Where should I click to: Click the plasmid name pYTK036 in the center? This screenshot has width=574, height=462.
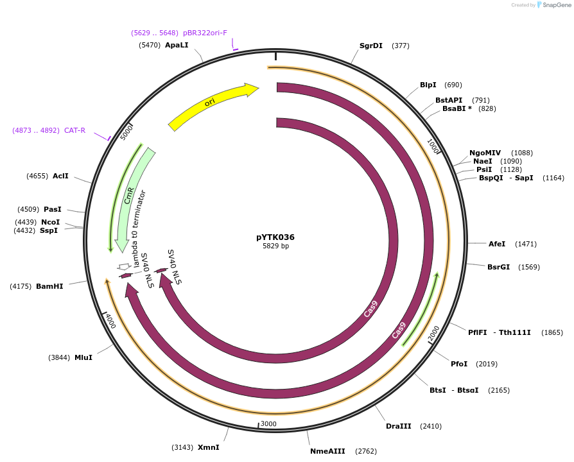275,237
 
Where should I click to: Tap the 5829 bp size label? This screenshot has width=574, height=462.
275,246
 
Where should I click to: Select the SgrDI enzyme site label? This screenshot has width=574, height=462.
371,46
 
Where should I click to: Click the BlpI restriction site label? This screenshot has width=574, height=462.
428,85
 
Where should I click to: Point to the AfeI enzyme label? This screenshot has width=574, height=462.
497,244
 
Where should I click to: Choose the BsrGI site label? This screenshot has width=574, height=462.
498,267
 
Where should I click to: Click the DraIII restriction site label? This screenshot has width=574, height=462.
399,426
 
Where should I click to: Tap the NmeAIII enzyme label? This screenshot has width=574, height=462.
327,451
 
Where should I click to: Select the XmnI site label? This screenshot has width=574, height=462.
209,447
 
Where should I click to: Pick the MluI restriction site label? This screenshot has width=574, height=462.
83,357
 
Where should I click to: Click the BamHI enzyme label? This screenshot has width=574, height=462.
49,286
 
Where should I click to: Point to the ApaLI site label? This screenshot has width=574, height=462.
177,45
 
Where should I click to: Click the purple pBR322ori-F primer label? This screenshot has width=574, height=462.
205,33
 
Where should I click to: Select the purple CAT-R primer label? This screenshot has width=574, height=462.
74,130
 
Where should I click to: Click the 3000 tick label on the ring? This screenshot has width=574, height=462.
268,424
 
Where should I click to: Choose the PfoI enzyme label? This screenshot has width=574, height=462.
459,364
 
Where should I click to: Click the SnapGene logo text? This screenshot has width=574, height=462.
556,5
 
